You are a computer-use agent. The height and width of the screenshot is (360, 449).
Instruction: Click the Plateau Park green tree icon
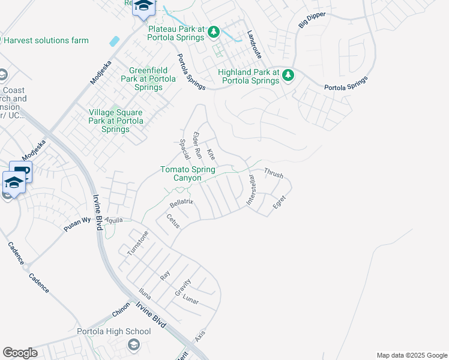pyautogui.click(x=214, y=32)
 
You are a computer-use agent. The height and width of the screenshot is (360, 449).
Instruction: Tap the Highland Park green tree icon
pyautogui.click(x=289, y=74)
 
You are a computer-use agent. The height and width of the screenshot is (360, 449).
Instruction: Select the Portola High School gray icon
pyautogui.click(x=133, y=344)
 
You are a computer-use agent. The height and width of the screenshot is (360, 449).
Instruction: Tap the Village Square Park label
pyautogui.click(x=116, y=121)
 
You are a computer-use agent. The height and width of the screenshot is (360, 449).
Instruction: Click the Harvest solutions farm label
pyautogui.click(x=46, y=41)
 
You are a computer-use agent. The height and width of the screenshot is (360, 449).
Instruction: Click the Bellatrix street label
pyautogui.click(x=181, y=203)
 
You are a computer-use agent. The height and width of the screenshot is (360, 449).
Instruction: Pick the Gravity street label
pyautogui.click(x=182, y=287)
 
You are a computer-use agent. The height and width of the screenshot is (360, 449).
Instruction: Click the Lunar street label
pyautogui.click(x=190, y=299)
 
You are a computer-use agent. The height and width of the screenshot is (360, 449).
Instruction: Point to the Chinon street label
pyautogui.click(x=121, y=314)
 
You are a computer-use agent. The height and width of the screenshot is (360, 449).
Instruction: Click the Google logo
pyautogui.click(x=20, y=353)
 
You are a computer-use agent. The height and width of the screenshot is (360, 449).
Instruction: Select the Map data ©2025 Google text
pyautogui.click(x=411, y=355)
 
